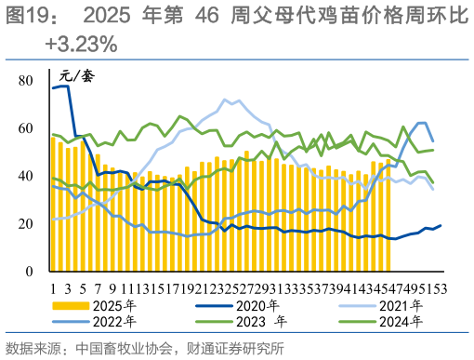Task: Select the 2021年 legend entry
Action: point(406,303)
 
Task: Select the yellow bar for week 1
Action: point(53,204)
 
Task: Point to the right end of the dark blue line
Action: point(440,225)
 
